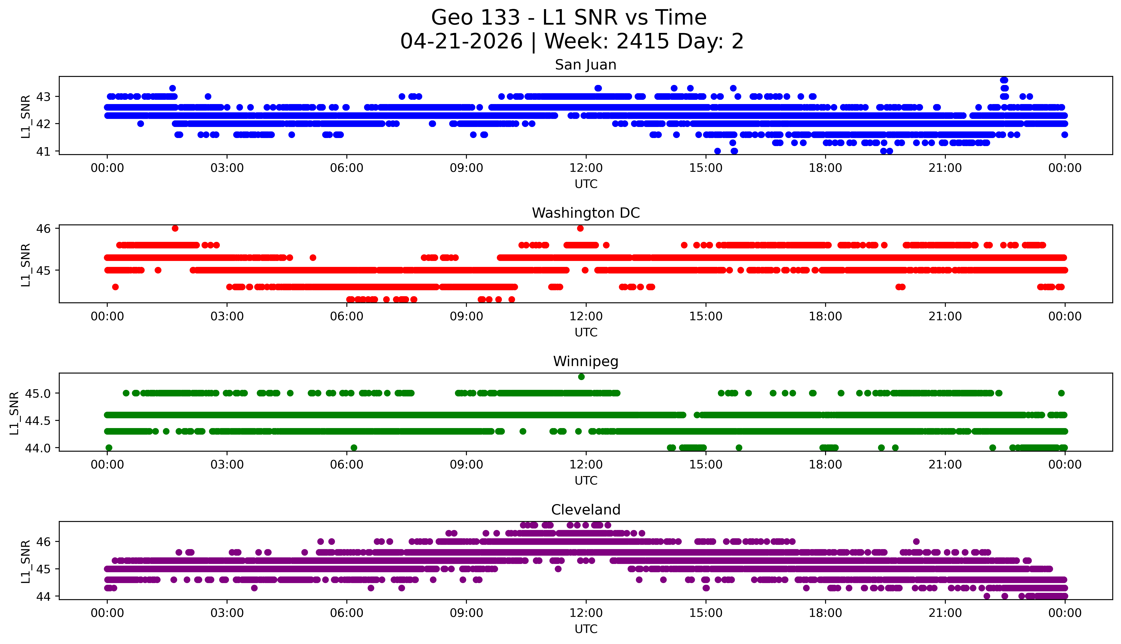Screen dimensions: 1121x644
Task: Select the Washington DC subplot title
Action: tap(586, 213)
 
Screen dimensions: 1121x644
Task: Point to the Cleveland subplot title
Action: tap(586, 510)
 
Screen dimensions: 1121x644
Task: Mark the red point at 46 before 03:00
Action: tap(175, 228)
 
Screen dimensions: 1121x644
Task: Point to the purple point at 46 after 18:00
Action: tap(916, 541)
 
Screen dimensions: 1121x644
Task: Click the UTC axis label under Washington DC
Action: tap(586, 332)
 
